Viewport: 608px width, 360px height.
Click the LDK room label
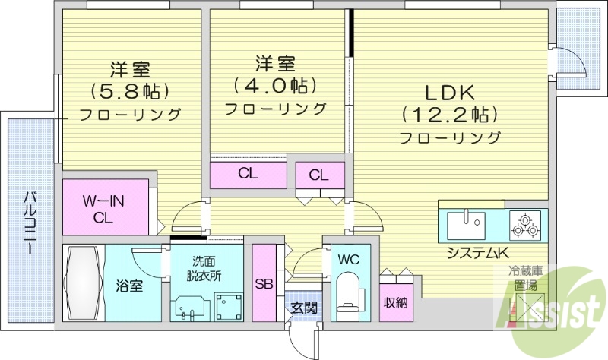(x=449, y=93)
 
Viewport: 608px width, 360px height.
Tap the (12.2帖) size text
(x=449, y=115)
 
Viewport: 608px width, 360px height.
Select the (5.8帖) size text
(x=129, y=91)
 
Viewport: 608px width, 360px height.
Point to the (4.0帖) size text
(x=274, y=84)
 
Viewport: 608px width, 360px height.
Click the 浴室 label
(x=129, y=286)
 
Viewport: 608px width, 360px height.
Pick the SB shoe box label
(x=264, y=285)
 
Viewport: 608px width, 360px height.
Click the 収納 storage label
(x=395, y=302)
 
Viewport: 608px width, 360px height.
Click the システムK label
(x=477, y=253)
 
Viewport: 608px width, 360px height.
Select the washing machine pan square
(x=226, y=306)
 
